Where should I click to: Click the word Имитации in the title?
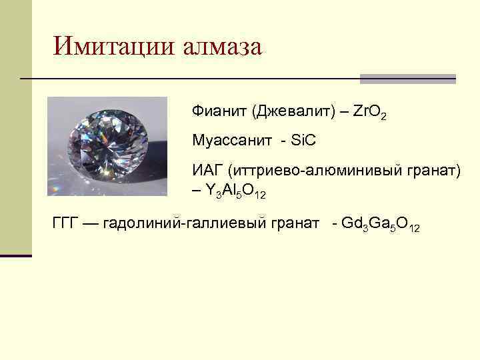113,46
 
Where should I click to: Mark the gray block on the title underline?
407,78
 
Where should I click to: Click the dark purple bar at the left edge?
15,255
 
